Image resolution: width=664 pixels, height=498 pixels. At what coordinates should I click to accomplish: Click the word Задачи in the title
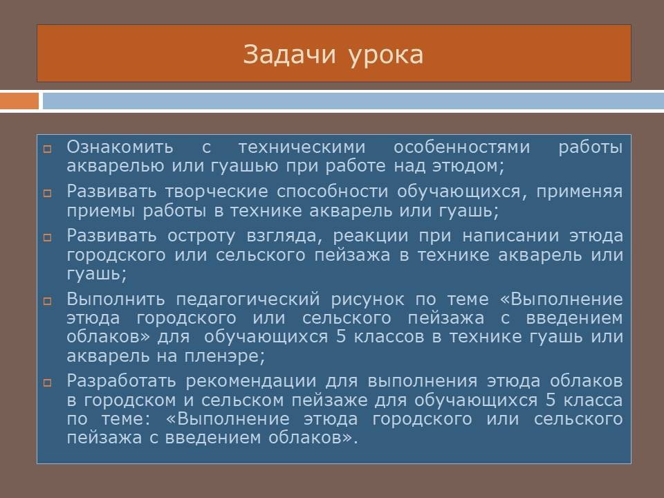pyautogui.click(x=290, y=54)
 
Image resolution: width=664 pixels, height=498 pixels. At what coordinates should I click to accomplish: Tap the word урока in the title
pyautogui.click(x=386, y=56)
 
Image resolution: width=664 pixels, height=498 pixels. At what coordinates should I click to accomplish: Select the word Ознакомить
pyautogui.click(x=120, y=147)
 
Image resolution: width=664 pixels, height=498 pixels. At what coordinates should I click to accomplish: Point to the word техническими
pyautogui.click(x=302, y=147)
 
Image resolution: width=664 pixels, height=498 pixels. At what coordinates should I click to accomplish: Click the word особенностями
pyautogui.click(x=461, y=147)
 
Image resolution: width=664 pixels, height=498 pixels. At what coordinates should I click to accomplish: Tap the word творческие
pyautogui.click(x=216, y=192)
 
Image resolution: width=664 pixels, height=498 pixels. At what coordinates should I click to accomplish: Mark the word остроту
pyautogui.click(x=201, y=237)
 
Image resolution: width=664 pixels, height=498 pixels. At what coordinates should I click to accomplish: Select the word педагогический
pyautogui.click(x=248, y=299)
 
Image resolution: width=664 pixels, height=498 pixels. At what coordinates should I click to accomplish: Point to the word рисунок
pyautogui.click(x=367, y=299)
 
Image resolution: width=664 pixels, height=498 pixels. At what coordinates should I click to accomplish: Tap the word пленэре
pyautogui.click(x=224, y=356)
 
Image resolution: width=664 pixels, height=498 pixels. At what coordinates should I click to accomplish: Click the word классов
pyautogui.click(x=389, y=337)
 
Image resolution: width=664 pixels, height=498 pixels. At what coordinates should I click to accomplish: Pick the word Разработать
pyautogui.click(x=121, y=381)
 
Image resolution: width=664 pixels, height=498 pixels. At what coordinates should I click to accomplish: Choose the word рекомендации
pyautogui.click(x=250, y=382)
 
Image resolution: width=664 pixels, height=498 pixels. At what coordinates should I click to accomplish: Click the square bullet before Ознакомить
pyautogui.click(x=48, y=149)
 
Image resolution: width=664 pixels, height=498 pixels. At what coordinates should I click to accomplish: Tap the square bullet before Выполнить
pyautogui.click(x=48, y=301)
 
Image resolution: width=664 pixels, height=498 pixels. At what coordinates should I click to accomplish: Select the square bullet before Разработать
pyautogui.click(x=48, y=382)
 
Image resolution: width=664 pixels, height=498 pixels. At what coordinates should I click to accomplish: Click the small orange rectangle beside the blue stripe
pyautogui.click(x=19, y=101)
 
